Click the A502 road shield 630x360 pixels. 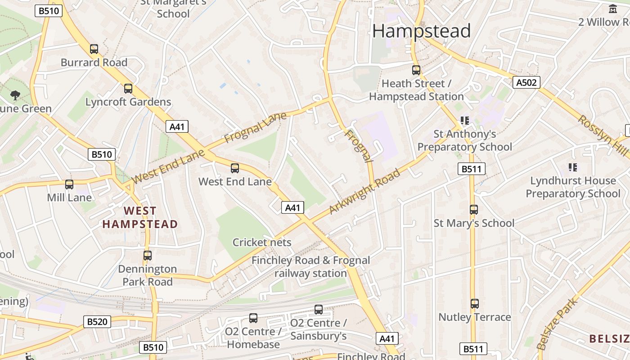click(x=526, y=82)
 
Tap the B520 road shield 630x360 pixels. click(x=97, y=322)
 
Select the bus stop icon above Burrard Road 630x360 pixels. click(x=94, y=49)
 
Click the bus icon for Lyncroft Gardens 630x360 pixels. click(x=128, y=89)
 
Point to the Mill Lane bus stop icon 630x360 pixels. click(x=69, y=184)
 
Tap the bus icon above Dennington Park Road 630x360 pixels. click(x=148, y=256)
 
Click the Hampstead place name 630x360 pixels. click(x=421, y=31)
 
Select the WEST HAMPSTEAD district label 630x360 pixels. click(x=140, y=217)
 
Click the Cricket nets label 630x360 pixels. click(x=262, y=243)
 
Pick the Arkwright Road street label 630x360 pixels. click(x=364, y=192)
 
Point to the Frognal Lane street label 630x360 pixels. click(x=255, y=128)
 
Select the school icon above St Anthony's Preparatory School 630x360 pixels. click(x=465, y=121)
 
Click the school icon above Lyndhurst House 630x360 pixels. click(x=573, y=167)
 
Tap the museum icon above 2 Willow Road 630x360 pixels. click(x=613, y=9)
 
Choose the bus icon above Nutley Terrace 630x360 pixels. click(x=475, y=304)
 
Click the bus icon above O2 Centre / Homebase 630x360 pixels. click(x=253, y=318)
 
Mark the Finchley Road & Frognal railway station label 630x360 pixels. click(x=310, y=267)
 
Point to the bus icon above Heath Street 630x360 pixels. click(x=416, y=70)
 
